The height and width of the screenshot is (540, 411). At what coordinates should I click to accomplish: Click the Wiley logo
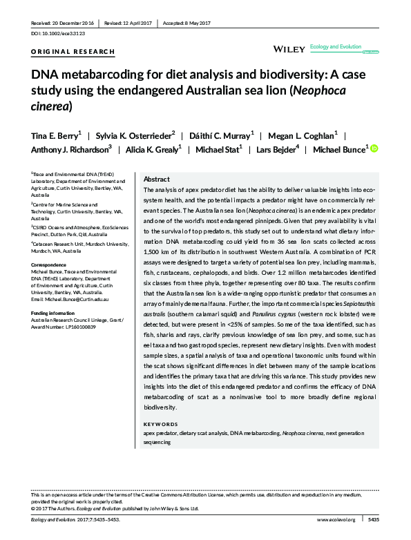[x=287, y=49]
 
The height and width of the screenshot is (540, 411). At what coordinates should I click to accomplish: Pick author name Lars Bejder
[x=276, y=149]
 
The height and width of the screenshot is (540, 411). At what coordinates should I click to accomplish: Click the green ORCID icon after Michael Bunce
[x=376, y=149]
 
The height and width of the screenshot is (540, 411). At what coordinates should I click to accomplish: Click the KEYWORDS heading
[x=160, y=423]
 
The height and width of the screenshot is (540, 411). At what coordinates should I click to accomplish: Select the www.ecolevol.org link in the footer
[x=336, y=519]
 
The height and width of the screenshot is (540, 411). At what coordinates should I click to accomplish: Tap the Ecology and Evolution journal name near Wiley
[x=336, y=46]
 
